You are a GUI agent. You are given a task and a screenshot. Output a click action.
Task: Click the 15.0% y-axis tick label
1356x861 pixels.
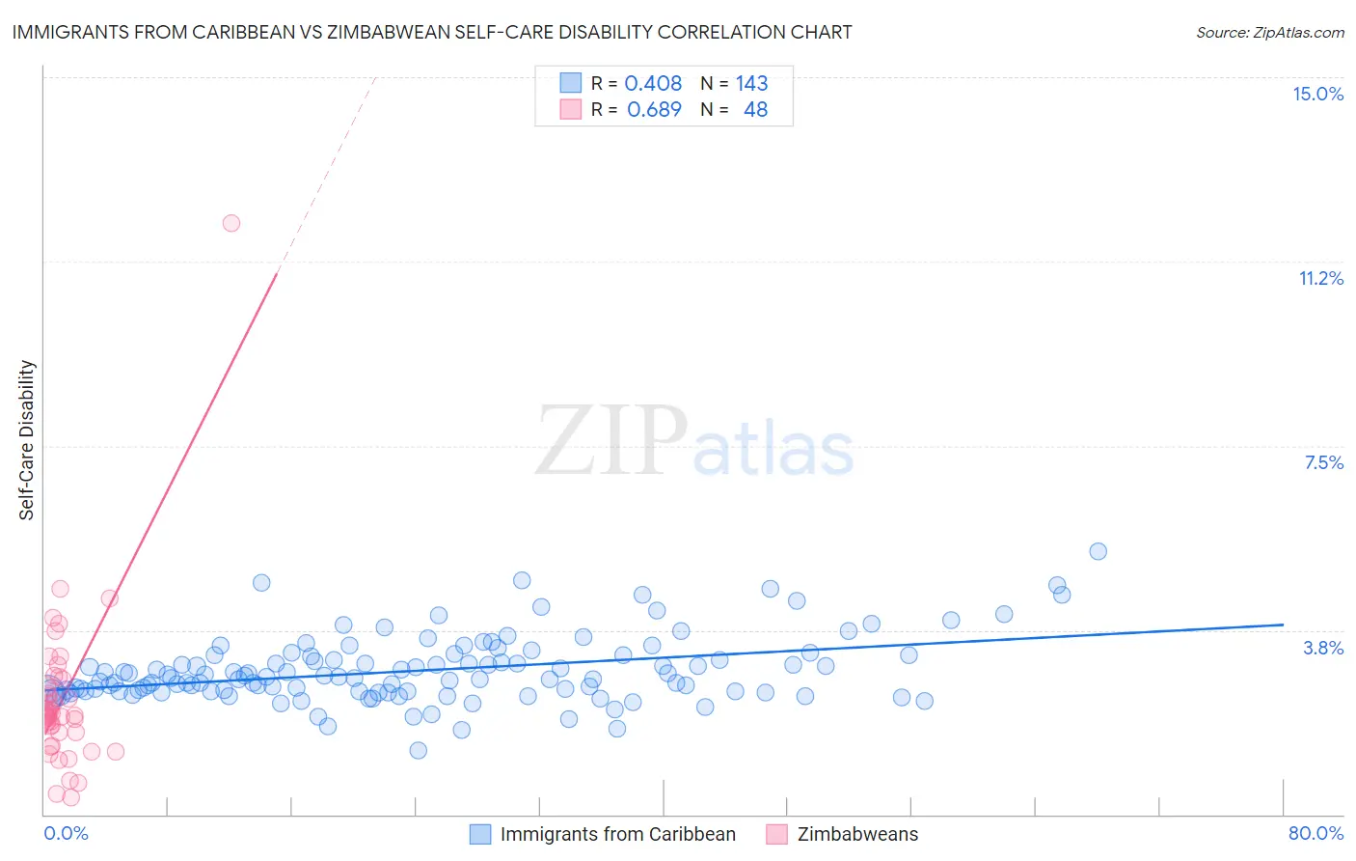[x=1317, y=94]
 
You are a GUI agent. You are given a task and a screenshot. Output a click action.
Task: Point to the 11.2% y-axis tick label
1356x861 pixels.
[x=1320, y=278]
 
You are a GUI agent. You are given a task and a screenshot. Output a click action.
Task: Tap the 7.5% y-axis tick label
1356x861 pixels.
[x=1323, y=462]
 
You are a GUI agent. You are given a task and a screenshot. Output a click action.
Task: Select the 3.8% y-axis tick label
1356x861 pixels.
[x=1323, y=648]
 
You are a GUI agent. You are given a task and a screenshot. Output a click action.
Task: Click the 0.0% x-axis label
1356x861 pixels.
[x=66, y=833]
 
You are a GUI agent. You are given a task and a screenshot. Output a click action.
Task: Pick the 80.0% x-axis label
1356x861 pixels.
[x=1315, y=833]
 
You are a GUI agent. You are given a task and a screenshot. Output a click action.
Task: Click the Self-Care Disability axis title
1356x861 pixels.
[x=27, y=440]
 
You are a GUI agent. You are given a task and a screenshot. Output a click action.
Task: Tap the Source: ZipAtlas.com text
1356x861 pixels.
[x=1269, y=32]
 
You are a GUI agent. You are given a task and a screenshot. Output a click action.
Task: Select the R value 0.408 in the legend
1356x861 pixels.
[x=653, y=83]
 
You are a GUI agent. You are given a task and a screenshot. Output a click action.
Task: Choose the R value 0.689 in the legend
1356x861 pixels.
[x=654, y=109]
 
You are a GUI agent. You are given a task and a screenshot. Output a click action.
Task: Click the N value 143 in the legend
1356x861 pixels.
[x=751, y=83]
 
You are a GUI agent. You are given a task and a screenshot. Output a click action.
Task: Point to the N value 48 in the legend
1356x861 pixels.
[x=755, y=109]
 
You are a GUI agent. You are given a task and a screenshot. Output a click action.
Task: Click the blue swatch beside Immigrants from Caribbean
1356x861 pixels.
[x=480, y=834]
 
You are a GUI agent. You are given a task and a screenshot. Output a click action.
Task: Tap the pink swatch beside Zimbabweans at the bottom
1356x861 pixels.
[x=777, y=834]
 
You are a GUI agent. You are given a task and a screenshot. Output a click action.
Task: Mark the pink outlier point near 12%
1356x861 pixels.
[x=231, y=223]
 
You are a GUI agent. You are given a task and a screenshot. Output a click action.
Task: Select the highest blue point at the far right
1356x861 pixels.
[x=1098, y=551]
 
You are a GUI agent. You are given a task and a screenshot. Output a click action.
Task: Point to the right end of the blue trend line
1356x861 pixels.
[x=1283, y=625]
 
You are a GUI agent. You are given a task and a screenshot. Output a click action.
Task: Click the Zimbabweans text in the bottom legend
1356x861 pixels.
[x=857, y=834]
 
